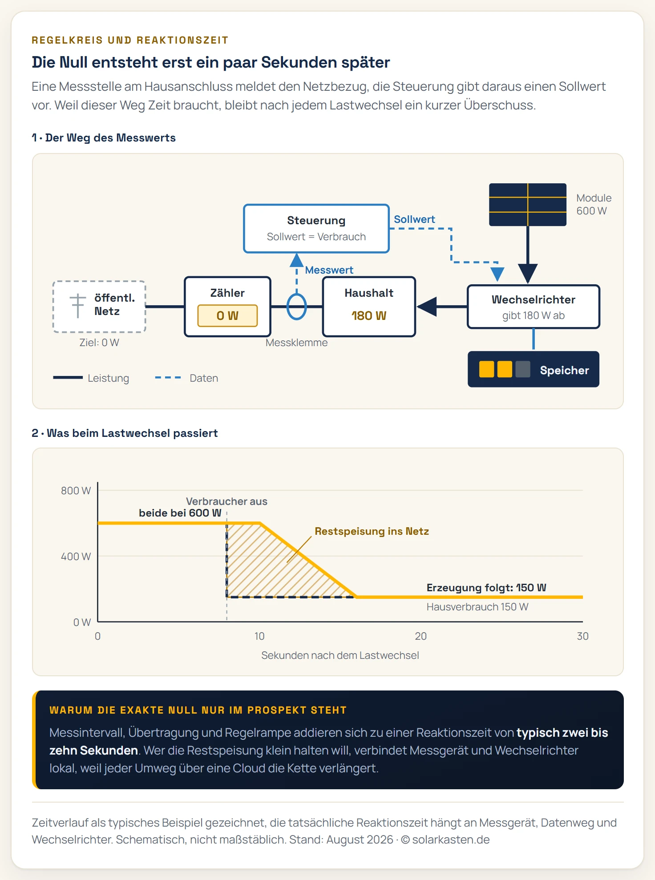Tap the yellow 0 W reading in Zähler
pyautogui.click(x=227, y=315)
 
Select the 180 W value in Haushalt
pyautogui.click(x=369, y=315)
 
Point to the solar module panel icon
pyautogui.click(x=528, y=205)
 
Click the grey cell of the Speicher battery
pyautogui.click(x=523, y=369)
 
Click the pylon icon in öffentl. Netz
pyautogui.click(x=78, y=306)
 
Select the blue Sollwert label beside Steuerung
pyautogui.click(x=414, y=219)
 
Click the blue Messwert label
pyautogui.click(x=329, y=270)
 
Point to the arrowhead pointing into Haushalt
pyautogui.click(x=427, y=307)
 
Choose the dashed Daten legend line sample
pyautogui.click(x=168, y=378)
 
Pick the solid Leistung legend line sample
pyautogui.click(x=68, y=378)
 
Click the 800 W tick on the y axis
pyautogui.click(x=76, y=491)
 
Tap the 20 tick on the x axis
pyautogui.click(x=421, y=636)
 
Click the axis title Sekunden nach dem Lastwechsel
pyautogui.click(x=340, y=655)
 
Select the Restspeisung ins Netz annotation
pyautogui.click(x=372, y=531)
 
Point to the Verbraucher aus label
pyautogui.click(x=226, y=501)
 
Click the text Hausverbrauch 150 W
pyautogui.click(x=477, y=607)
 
